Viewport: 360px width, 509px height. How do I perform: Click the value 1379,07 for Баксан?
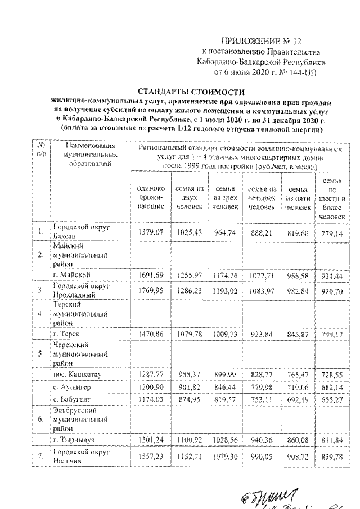[x=149, y=231]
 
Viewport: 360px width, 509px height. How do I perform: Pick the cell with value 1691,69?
[x=149, y=275]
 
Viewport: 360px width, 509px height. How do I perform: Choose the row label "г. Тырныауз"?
[x=76, y=440]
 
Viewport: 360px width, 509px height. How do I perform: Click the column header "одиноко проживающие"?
[x=149, y=198]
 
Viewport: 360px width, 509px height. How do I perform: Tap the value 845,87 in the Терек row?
[x=298, y=334]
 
